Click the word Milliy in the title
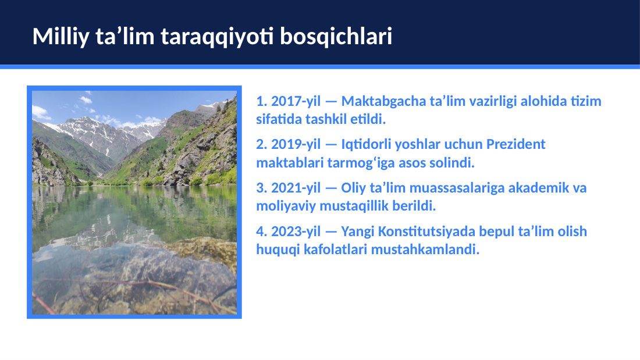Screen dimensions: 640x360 (61, 37)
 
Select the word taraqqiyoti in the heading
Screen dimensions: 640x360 (217, 37)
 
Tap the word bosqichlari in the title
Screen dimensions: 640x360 (336, 37)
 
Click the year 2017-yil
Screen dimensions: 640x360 (296, 101)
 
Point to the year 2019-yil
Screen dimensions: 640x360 (296, 144)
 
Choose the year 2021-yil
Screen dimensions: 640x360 (296, 188)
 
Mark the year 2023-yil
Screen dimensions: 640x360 (296, 231)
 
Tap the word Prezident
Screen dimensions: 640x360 (516, 144)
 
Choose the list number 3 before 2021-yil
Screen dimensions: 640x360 (261, 188)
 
